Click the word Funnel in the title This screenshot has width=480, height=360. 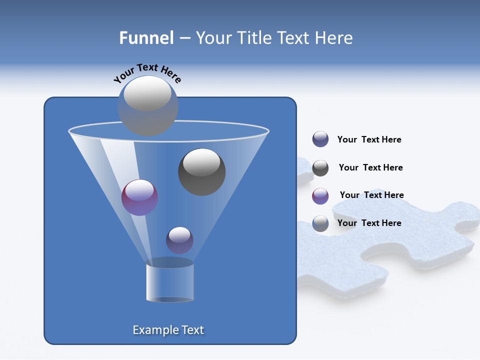(x=146, y=38)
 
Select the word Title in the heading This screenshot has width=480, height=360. (x=254, y=38)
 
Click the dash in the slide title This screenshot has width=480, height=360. (x=184, y=38)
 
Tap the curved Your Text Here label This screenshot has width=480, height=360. (x=147, y=72)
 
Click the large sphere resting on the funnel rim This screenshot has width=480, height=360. (x=147, y=105)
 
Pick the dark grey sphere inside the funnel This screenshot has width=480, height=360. (x=201, y=172)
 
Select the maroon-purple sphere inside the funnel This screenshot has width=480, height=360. (x=139, y=197)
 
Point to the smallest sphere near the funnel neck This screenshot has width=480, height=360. (x=179, y=240)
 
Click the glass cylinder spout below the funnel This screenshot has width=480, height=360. (x=169, y=282)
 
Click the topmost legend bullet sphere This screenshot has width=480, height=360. (x=320, y=139)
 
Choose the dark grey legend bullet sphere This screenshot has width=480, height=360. (x=320, y=168)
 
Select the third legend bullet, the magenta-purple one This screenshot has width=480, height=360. (x=320, y=196)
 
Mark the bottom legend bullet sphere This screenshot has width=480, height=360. (x=320, y=223)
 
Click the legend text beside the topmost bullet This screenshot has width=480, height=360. (x=369, y=140)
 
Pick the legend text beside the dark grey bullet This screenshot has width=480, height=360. (x=370, y=167)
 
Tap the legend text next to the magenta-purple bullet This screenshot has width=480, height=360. (x=371, y=195)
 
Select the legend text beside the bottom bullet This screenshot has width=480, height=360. (x=369, y=223)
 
